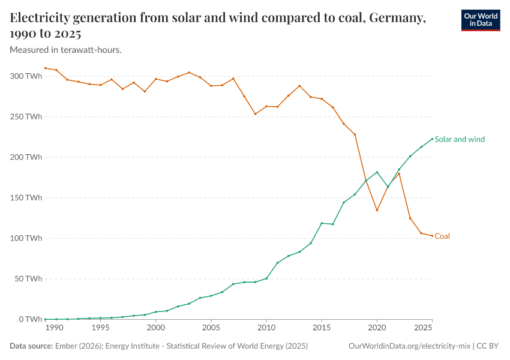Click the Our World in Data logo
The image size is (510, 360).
(480, 20)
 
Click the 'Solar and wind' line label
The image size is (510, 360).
(459, 139)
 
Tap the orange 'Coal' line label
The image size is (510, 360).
(442, 236)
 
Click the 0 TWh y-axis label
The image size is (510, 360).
(29, 319)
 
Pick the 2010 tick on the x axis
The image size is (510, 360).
(266, 328)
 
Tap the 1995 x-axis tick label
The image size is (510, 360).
(100, 328)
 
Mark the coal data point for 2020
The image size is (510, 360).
(377, 210)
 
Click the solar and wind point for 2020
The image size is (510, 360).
(377, 172)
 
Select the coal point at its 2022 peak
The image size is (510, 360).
(399, 173)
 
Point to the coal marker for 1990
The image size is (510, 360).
(56, 70)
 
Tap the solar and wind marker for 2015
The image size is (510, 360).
(322, 223)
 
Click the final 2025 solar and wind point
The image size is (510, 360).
(432, 139)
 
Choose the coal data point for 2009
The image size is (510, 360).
(256, 114)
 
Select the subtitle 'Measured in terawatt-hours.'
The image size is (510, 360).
(66, 50)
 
